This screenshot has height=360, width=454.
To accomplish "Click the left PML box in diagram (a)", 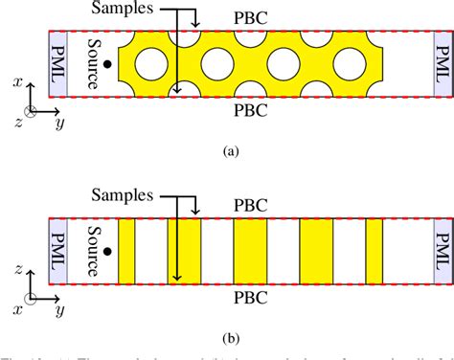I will point(58,64).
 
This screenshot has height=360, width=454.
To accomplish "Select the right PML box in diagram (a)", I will point(441,64).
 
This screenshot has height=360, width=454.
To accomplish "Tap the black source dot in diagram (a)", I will point(108,64).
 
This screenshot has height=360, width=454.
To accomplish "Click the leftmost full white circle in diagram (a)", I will point(151,64).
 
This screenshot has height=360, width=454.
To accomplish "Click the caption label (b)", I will point(230,337).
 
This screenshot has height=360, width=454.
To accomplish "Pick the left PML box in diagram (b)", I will point(58,252).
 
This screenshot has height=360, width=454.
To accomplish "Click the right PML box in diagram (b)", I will point(441,252).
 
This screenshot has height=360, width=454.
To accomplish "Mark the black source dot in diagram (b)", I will point(108,252).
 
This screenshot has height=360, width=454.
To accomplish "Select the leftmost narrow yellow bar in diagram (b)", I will point(126,252).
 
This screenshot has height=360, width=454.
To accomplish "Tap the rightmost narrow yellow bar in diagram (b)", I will point(375,252).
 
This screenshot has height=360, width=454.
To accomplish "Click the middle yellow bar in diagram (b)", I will point(250,252).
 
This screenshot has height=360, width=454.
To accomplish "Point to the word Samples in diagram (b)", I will point(126,195).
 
